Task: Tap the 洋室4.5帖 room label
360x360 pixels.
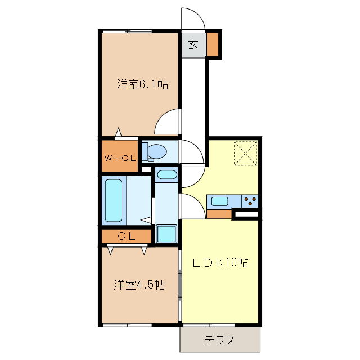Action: tap(140, 285)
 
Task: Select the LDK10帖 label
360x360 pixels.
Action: tap(221, 262)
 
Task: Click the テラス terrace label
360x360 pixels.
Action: tap(219, 340)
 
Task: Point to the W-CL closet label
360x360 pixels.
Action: tap(119, 158)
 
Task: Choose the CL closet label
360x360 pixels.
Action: tap(127, 236)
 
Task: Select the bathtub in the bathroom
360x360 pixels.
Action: tap(114, 201)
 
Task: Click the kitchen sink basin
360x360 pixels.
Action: tap(219, 200)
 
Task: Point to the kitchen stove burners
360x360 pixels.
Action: tap(250, 200)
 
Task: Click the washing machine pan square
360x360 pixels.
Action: tap(166, 233)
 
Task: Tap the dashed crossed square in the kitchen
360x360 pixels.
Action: tap(245, 152)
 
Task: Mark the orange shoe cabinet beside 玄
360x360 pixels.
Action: tap(213, 45)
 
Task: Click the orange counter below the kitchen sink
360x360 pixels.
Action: tap(219, 214)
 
